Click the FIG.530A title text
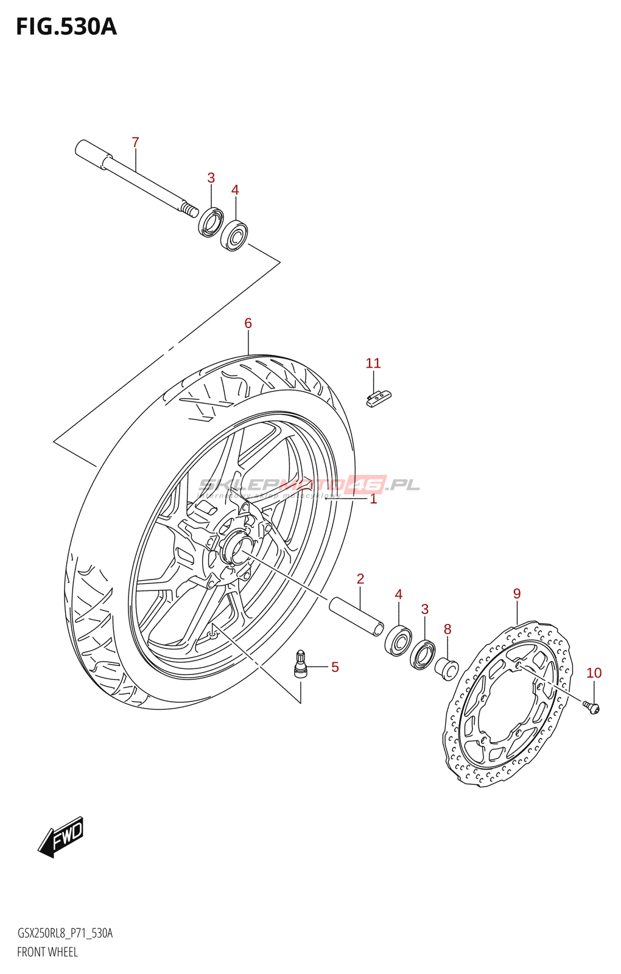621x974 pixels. tap(66, 27)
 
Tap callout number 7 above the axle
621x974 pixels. tap(135, 142)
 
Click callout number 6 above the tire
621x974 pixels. tap(248, 323)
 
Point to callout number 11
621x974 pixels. tap(373, 363)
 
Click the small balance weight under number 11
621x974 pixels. tap(379, 398)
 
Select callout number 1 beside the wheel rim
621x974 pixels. tap(373, 499)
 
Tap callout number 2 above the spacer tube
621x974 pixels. tap(360, 579)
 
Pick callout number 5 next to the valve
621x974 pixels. tap(335, 667)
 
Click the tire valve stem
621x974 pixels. tap(301, 664)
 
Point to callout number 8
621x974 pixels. tap(447, 629)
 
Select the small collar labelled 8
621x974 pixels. tap(446, 669)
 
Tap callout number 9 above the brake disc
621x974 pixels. tap(517, 594)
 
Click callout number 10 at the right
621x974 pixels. tap(594, 673)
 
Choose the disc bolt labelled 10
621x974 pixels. tap(592, 707)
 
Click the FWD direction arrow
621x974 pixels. tap(61, 837)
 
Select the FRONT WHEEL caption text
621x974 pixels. tap(47, 952)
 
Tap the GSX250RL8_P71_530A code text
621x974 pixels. tap(65, 933)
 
